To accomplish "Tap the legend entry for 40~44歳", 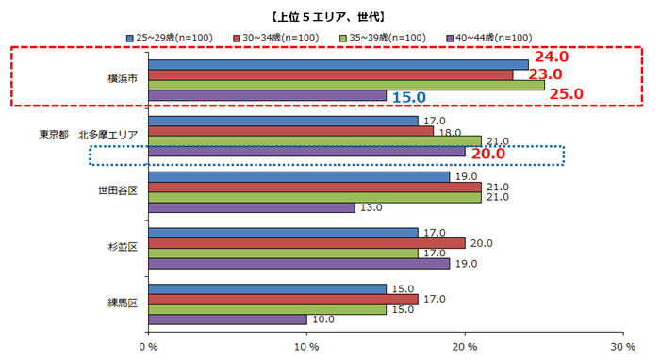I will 495,38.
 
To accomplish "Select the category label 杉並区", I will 123,247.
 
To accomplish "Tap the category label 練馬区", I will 123,303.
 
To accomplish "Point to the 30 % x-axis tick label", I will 622,347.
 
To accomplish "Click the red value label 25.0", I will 566,93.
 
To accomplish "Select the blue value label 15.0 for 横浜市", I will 409,97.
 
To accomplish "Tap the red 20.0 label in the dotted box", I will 489,154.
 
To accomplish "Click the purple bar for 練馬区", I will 227,320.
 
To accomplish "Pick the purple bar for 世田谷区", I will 251,208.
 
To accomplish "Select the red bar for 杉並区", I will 306,243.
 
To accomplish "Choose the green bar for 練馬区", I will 267,309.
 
